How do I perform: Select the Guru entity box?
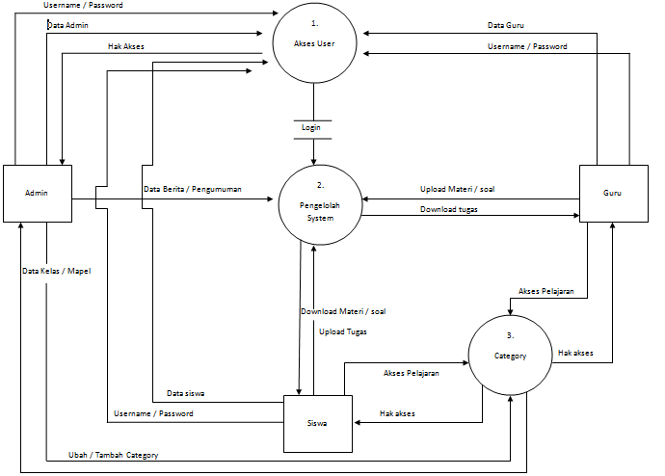[x=612, y=193]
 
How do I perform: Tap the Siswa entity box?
[x=317, y=423]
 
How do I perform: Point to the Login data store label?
[x=310, y=127]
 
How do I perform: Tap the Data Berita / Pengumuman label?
[x=192, y=190]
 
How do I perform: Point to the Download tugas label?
[x=450, y=209]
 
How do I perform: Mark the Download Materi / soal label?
[x=343, y=311]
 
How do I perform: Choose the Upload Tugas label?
[x=343, y=331]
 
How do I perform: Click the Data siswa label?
[x=186, y=393]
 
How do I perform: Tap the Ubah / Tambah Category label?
[x=113, y=455]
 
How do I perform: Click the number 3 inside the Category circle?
[x=510, y=335]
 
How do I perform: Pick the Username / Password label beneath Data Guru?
[x=527, y=46]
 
